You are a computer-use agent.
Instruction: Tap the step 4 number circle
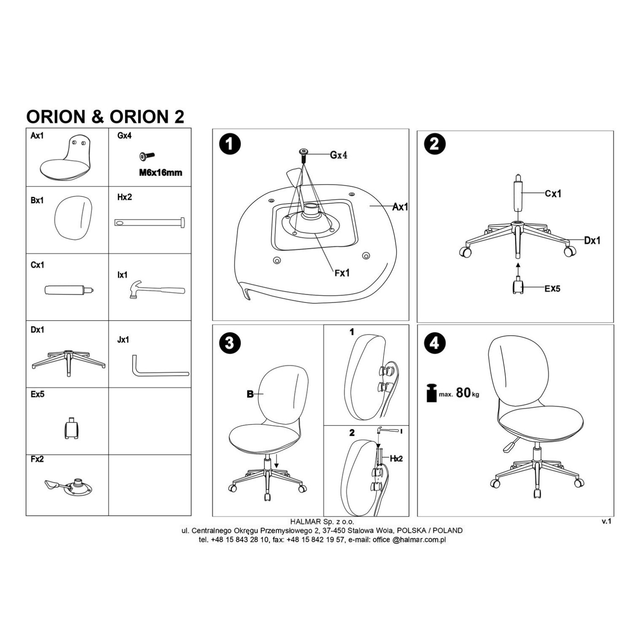[x=434, y=343]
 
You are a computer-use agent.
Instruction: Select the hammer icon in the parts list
[x=157, y=291]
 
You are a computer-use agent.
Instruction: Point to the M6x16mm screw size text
[x=160, y=173]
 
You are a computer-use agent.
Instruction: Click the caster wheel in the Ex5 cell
[x=72, y=428]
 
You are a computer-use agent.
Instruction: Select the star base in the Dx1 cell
[x=68, y=361]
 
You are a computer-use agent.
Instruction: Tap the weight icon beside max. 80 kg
[x=431, y=393]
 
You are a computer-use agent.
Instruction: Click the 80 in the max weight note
[x=463, y=393]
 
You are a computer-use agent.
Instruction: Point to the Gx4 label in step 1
[x=339, y=155]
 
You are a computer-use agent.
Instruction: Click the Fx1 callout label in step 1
[x=342, y=273]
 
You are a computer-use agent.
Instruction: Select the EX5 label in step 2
[x=552, y=289]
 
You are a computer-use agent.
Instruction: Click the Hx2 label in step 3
[x=396, y=458]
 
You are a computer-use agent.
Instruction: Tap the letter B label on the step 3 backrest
[x=250, y=394]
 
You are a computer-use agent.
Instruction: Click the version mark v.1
[x=607, y=521]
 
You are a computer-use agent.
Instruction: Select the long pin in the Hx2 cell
[x=150, y=222]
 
